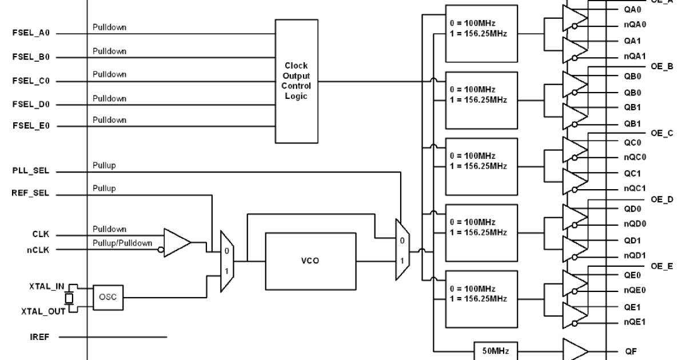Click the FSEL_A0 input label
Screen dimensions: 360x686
pyautogui.click(x=31, y=33)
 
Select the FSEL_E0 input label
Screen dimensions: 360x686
pyautogui.click(x=31, y=126)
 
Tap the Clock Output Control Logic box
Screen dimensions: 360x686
pyautogui.click(x=296, y=81)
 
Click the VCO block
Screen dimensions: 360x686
pyautogui.click(x=310, y=261)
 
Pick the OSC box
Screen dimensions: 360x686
pyautogui.click(x=107, y=297)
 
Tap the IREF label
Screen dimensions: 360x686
pyautogui.click(x=40, y=337)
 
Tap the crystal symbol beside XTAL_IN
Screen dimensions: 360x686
pyautogui.click(x=69, y=298)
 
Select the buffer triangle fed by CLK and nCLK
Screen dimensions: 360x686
pyautogui.click(x=177, y=242)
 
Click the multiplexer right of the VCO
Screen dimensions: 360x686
pyautogui.click(x=401, y=249)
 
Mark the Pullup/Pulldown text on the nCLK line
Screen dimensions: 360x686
pyautogui.click(x=123, y=243)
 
